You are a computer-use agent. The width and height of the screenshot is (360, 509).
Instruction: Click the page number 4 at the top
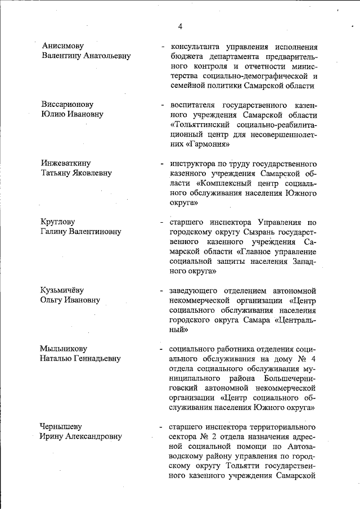(x=180, y=26)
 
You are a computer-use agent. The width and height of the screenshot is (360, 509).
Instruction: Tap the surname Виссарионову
(x=66, y=105)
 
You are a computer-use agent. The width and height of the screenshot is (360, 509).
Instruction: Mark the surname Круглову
(x=57, y=222)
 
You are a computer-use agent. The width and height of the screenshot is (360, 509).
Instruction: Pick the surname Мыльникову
(x=63, y=349)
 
